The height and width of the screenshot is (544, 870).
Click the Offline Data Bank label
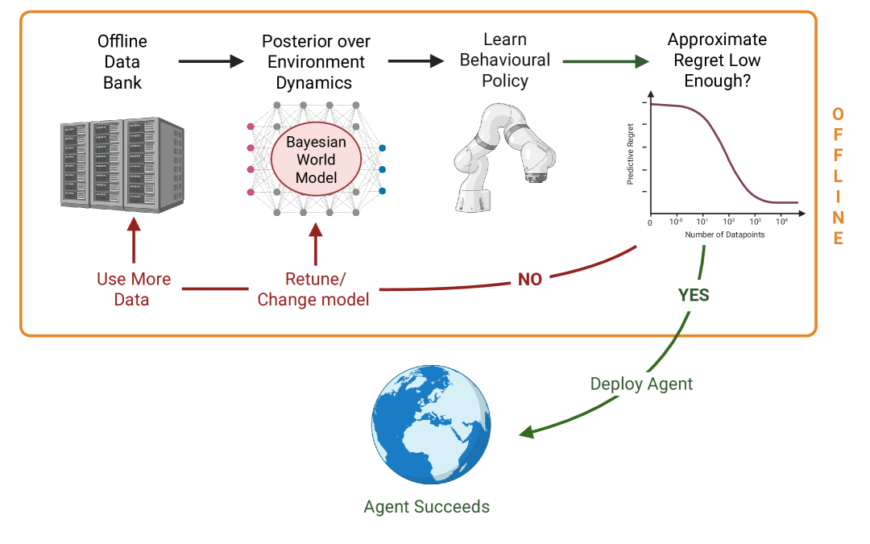tap(122, 61)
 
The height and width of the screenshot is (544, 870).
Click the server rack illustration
tap(122, 165)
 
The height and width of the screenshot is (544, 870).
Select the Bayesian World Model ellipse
tap(317, 160)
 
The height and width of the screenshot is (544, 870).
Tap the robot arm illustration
tap(504, 158)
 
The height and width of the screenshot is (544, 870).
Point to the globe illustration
tap(431, 425)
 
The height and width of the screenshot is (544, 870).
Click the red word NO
tap(530, 279)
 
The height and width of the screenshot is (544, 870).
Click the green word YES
tap(694, 295)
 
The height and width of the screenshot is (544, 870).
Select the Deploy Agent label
tap(641, 384)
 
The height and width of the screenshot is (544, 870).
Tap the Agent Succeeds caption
tap(427, 506)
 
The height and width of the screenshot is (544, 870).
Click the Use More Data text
tap(133, 289)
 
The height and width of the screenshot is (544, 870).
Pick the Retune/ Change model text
tap(313, 289)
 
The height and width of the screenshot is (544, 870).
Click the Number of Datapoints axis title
tap(725, 235)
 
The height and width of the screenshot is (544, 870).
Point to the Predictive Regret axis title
tap(630, 154)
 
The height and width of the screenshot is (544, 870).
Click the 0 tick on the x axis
tap(650, 223)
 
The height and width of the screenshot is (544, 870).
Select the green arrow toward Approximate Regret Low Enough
tap(606, 61)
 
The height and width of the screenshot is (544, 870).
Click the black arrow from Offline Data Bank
tap(211, 61)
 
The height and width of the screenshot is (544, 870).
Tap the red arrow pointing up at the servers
tap(134, 240)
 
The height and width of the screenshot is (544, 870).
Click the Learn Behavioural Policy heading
tap(505, 60)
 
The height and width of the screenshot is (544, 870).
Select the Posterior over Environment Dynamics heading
tap(316, 61)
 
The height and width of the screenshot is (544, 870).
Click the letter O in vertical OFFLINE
tap(838, 114)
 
